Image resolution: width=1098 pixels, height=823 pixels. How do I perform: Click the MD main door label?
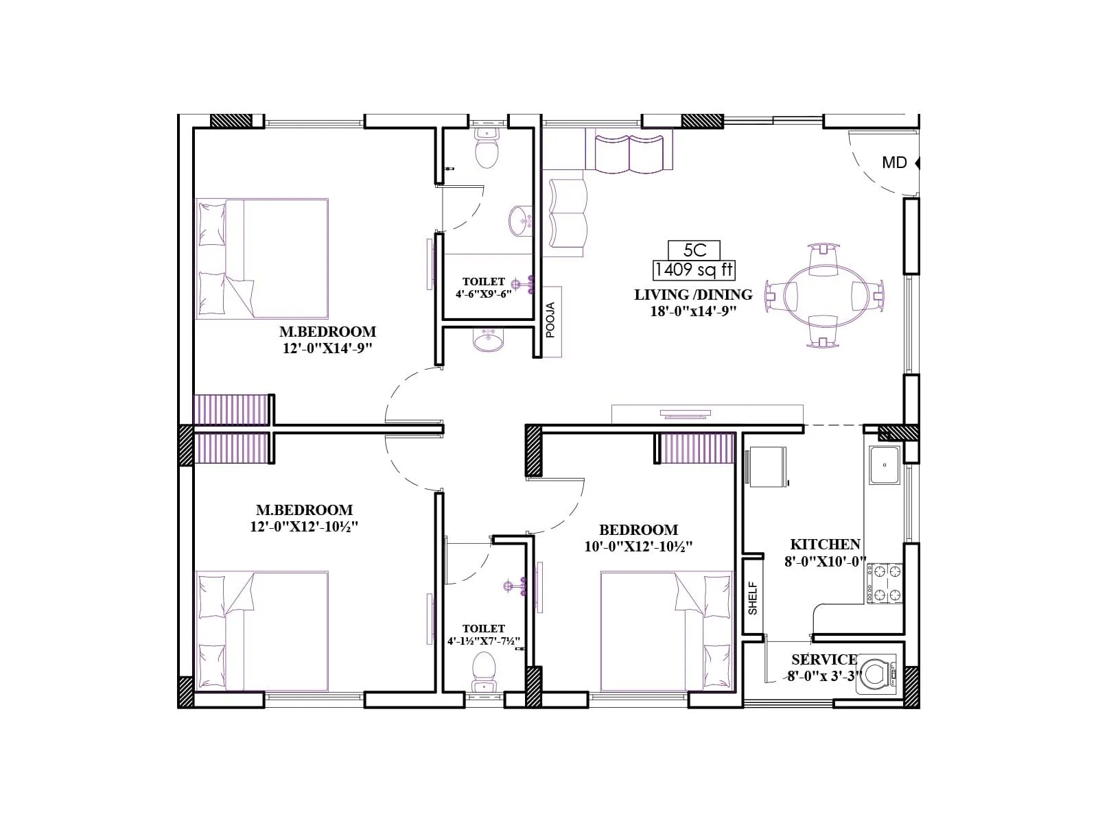(894, 163)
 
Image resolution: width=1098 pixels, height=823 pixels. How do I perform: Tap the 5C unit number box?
(694, 250)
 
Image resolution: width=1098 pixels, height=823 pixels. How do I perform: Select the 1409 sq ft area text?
(694, 270)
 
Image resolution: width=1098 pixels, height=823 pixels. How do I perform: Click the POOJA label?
(550, 320)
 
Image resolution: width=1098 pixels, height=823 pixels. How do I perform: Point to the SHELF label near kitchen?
(753, 597)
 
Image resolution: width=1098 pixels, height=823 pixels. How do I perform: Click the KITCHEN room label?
(825, 545)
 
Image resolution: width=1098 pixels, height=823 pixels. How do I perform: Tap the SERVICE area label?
(823, 660)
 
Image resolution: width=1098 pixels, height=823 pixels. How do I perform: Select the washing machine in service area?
(876, 674)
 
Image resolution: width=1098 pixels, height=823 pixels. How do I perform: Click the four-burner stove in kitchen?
(884, 583)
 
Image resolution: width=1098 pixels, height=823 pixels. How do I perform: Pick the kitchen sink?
(885, 465)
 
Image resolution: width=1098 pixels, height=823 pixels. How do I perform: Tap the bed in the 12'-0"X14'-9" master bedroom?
(261, 259)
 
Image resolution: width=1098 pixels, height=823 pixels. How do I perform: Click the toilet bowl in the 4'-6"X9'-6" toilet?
(487, 151)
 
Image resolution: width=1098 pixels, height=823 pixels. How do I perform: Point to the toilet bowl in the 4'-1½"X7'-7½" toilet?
(484, 670)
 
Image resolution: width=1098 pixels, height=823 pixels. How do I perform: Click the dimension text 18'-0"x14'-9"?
(693, 311)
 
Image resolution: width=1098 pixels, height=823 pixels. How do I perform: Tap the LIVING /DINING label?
(693, 295)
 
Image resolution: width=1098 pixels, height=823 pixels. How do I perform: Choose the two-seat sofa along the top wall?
(629, 154)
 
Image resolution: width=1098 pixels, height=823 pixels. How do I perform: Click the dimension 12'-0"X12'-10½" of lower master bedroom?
(304, 527)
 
